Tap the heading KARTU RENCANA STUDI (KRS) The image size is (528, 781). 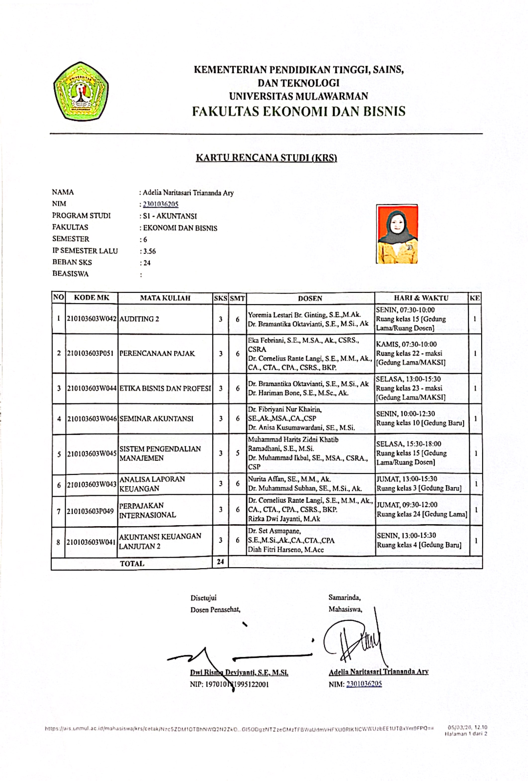pyautogui.click(x=266, y=158)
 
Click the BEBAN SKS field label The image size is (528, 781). pyautogui.click(x=72, y=262)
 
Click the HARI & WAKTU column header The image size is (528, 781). pyautogui.click(x=421, y=298)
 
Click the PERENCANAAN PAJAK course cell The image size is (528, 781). pyautogui.click(x=157, y=353)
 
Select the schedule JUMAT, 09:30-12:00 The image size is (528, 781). pyautogui.click(x=407, y=505)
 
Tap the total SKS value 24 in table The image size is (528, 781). pyautogui.click(x=220, y=562)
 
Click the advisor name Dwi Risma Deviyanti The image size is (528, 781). pyautogui.click(x=239, y=673)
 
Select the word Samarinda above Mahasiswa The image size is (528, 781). pyautogui.click(x=344, y=597)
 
